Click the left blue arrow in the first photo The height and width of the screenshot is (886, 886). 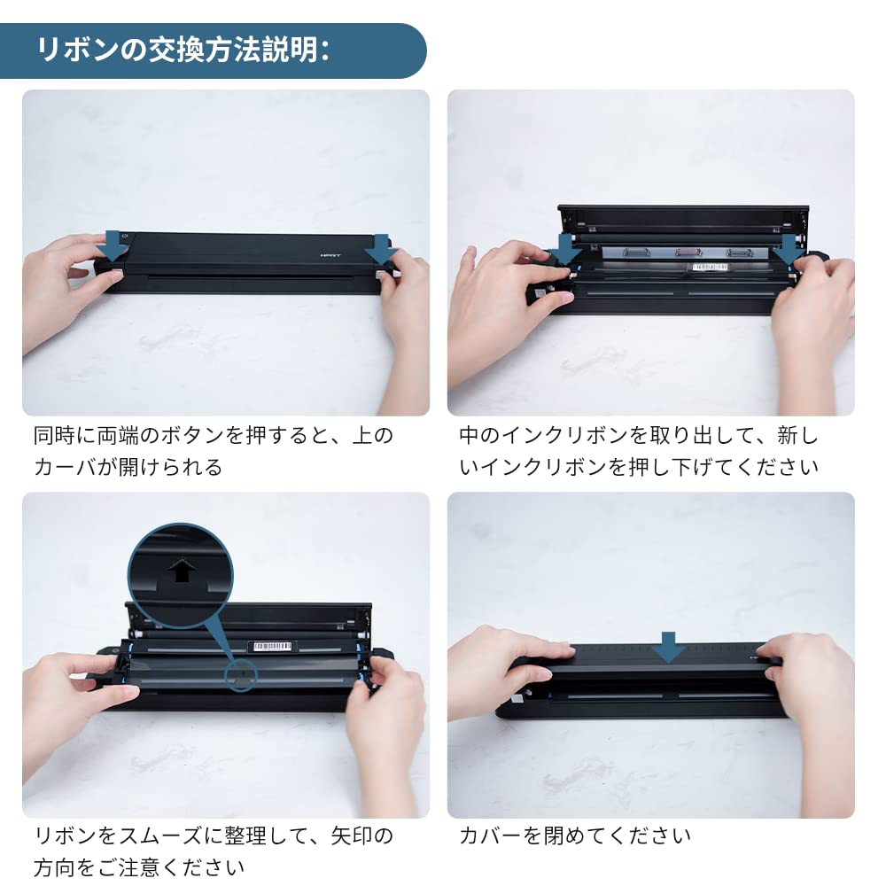[116, 245]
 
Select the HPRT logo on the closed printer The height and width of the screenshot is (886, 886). [330, 255]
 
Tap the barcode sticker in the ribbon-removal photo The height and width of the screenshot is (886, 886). [710, 267]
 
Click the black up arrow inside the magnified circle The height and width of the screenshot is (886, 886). [182, 570]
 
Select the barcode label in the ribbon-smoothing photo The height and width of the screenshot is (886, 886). [272, 646]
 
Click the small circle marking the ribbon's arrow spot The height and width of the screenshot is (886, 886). [241, 675]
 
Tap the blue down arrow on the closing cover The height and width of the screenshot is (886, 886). [668, 648]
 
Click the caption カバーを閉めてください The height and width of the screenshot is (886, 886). [575, 835]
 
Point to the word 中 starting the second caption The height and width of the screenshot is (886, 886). [469, 436]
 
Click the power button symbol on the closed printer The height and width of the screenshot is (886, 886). [124, 236]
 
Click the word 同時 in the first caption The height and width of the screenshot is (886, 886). [54, 436]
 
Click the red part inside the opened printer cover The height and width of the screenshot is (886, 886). [689, 253]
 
